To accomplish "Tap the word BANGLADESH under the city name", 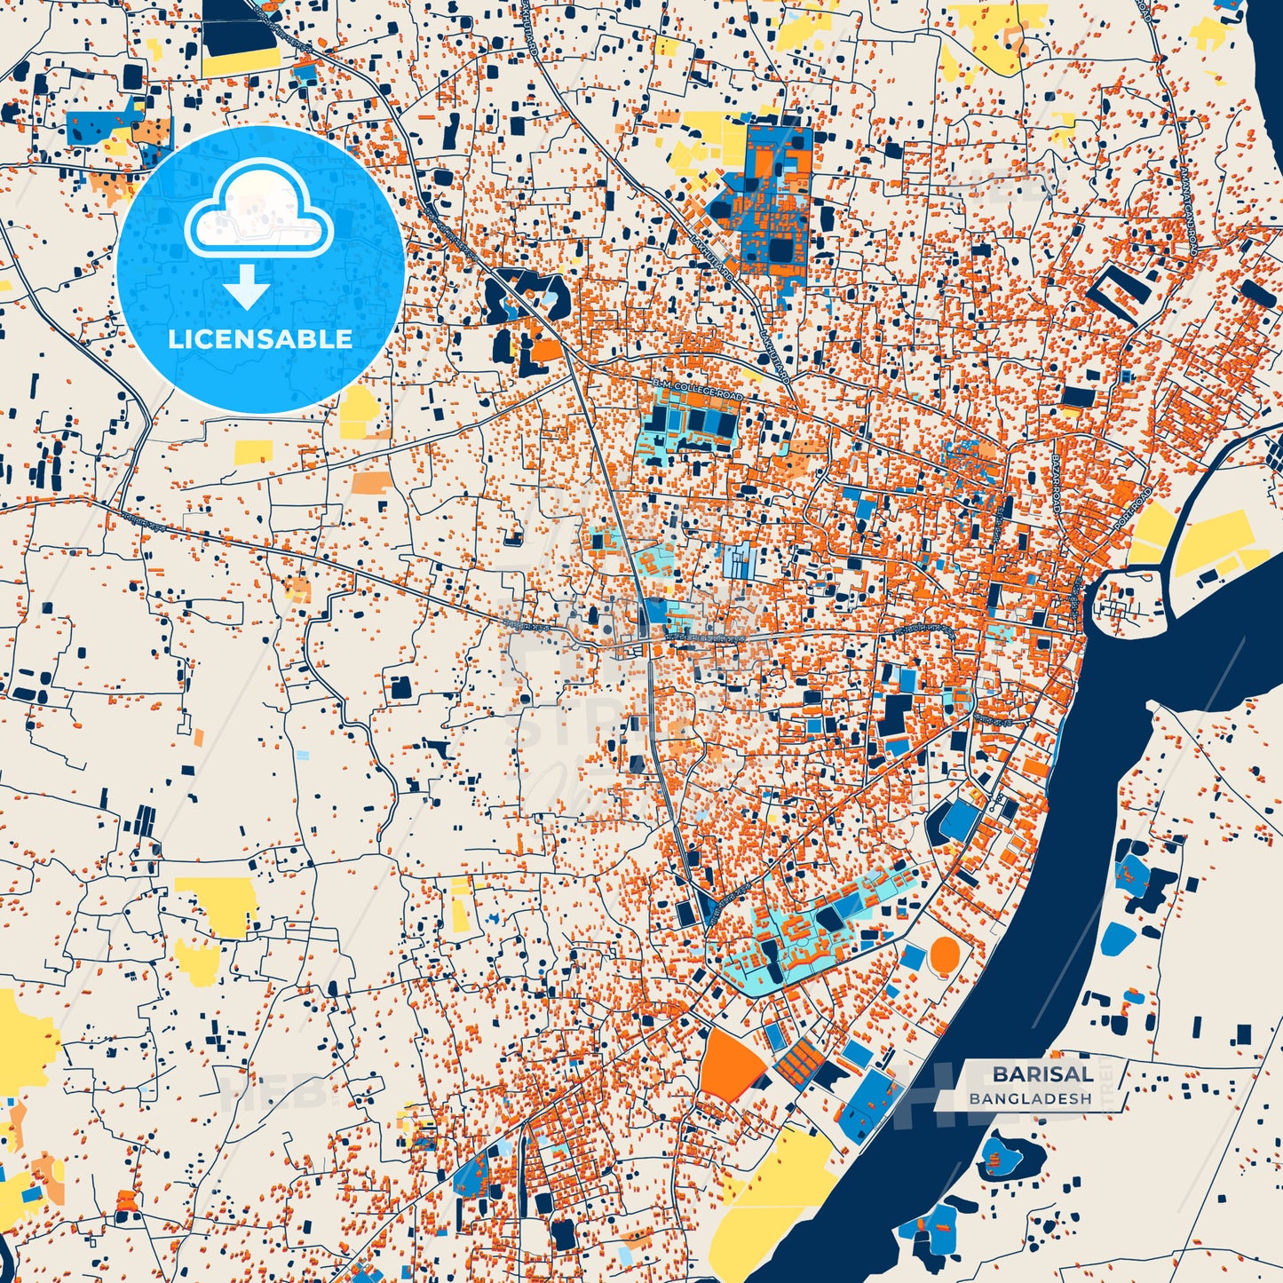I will click(x=1030, y=1098).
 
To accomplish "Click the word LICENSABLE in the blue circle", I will click(x=260, y=338).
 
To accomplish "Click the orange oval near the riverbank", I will click(x=945, y=955).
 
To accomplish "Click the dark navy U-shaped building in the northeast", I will click(x=1121, y=292).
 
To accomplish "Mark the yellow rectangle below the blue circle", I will click(x=254, y=452).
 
